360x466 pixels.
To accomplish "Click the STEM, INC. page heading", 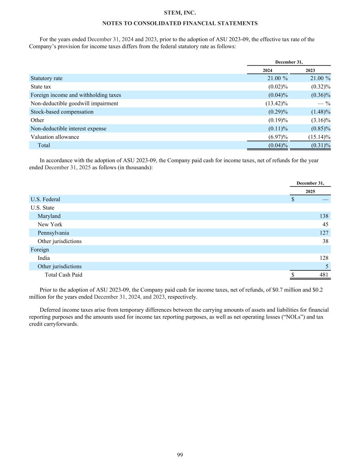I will point(180,13).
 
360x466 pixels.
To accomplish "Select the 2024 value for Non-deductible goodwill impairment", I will point(276,103).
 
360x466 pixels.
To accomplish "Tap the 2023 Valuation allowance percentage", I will point(319,137).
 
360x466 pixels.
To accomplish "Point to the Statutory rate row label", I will point(46,78).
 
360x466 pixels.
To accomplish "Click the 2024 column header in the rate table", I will point(268,70).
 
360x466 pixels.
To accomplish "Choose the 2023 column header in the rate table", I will point(310,70).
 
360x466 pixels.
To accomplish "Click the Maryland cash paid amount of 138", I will point(324,216).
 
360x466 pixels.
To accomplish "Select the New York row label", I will point(50,224).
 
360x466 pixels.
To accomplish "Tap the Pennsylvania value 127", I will point(324,233).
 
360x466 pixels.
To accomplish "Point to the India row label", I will point(44,258).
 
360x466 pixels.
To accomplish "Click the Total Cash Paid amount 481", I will point(324,275).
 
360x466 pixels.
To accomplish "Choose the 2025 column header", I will point(310,192).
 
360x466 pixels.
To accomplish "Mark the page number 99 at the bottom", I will point(180,455).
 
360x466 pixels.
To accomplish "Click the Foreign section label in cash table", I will point(40,250).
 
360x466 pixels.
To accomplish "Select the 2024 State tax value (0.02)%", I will point(278,87).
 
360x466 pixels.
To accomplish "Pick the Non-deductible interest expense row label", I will point(68,129).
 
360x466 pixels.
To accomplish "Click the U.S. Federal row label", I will point(45,199).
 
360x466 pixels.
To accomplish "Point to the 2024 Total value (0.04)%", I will point(278,145).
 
